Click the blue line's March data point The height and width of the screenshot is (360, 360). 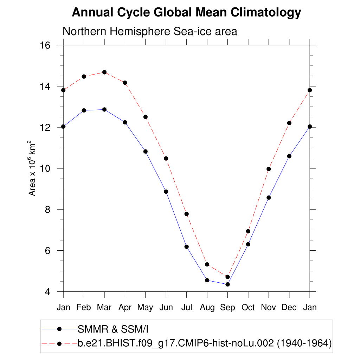(104, 109)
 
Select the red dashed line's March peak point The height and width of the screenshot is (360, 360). (104, 72)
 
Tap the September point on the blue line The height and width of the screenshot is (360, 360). (227, 284)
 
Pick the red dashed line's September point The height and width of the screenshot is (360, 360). (227, 277)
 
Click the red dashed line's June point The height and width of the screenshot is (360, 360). (166, 158)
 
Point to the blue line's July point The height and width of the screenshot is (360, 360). (186, 246)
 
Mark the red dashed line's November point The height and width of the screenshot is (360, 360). (269, 169)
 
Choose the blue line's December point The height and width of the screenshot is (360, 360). (289, 156)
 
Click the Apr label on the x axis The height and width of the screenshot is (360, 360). (125, 308)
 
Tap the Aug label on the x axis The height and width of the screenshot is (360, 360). (207, 308)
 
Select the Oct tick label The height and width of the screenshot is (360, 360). (248, 308)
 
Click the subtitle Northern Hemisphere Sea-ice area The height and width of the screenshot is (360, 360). (150, 31)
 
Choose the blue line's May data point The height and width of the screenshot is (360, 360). (145, 151)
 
